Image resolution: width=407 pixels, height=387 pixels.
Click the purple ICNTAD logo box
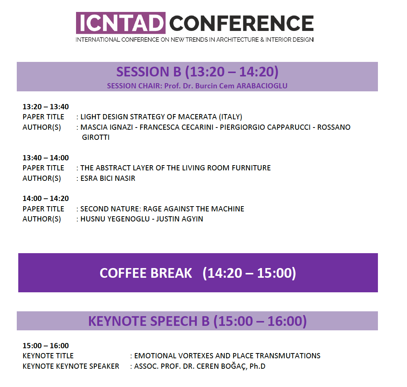(121, 23)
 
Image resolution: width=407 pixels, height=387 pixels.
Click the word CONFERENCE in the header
(242, 23)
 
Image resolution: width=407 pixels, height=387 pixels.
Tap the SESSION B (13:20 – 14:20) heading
(197, 72)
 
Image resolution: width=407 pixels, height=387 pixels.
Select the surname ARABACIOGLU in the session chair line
(262, 86)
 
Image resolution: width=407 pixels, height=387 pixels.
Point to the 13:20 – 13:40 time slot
(46, 107)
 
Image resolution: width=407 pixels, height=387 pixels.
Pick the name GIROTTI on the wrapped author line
(96, 138)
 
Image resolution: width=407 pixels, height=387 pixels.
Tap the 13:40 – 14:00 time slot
(46, 158)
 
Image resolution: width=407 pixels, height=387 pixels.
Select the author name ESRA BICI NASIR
(108, 179)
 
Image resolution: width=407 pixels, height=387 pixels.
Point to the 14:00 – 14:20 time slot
(46, 198)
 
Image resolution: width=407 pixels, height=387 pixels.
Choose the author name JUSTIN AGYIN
(180, 219)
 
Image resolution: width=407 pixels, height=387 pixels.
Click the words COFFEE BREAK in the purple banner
(146, 273)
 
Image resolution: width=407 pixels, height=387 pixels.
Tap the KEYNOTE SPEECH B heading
(197, 321)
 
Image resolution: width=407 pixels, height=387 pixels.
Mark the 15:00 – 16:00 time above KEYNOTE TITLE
(46, 346)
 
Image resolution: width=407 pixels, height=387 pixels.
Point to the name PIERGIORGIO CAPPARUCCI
(265, 127)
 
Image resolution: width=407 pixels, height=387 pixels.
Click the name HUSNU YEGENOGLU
(115, 219)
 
